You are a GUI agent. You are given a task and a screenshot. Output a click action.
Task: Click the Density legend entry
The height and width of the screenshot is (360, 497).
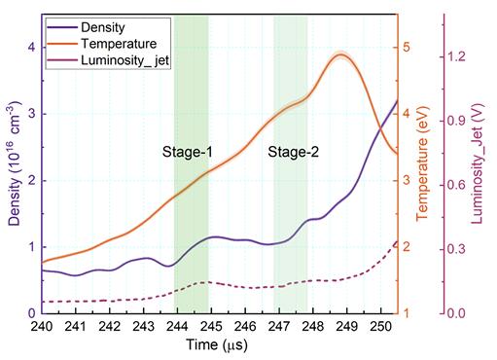(x=86, y=27)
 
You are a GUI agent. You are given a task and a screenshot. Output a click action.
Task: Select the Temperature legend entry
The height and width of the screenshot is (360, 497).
(x=102, y=44)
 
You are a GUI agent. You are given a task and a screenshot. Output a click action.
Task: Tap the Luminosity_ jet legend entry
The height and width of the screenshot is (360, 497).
(x=108, y=60)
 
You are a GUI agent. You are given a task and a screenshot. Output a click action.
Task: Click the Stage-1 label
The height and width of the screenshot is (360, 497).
(x=188, y=152)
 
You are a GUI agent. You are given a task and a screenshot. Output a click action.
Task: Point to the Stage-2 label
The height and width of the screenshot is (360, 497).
(x=294, y=152)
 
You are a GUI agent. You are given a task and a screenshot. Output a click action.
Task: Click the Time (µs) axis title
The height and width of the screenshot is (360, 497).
(x=217, y=345)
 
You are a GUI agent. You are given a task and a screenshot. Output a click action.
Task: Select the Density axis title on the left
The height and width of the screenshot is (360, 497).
(x=15, y=163)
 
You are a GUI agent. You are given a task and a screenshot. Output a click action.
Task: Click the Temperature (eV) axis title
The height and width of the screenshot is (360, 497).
(x=422, y=163)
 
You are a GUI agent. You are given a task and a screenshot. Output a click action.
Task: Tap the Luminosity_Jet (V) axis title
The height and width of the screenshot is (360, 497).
(x=477, y=163)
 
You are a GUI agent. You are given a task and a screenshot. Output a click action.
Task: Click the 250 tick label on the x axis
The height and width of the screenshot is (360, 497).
(x=380, y=326)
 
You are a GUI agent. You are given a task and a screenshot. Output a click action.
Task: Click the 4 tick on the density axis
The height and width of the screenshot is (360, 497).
(x=31, y=48)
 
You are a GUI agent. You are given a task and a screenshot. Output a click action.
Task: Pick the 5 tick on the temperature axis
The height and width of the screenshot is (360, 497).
(x=407, y=48)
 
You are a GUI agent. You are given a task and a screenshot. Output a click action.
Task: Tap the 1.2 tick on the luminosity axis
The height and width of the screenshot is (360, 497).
(x=456, y=57)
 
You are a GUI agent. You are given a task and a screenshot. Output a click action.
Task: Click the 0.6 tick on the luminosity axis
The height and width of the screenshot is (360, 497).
(x=456, y=186)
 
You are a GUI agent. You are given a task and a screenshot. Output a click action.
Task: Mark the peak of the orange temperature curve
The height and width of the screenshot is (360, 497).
(x=340, y=54)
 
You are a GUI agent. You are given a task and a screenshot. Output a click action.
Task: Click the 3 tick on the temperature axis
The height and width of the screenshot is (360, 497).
(x=407, y=181)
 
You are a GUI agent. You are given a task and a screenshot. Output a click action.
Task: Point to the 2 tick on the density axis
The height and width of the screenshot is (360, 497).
(x=31, y=181)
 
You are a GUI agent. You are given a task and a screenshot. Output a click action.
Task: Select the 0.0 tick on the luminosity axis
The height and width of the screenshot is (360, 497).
(x=456, y=313)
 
